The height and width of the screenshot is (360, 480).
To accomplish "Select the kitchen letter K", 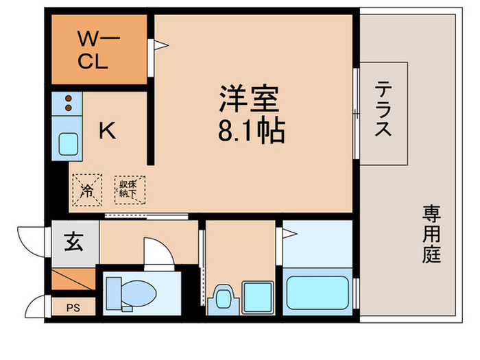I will tap(106, 130).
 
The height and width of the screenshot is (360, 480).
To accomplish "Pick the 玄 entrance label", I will tap(73, 242).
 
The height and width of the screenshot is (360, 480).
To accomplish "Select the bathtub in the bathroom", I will tap(317, 293).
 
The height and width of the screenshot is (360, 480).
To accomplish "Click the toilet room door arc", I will tap(156, 250).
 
